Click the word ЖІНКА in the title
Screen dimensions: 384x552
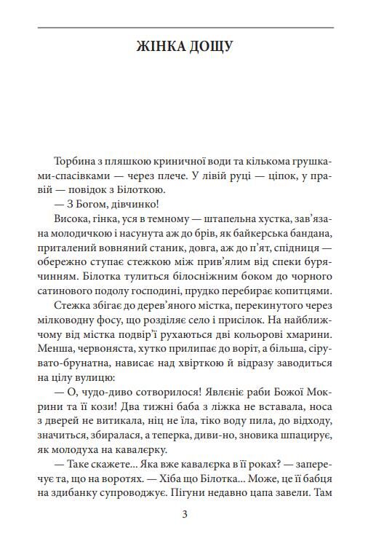[161, 47]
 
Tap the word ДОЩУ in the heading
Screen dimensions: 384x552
[211, 47]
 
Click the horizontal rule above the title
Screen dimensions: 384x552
[185, 28]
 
